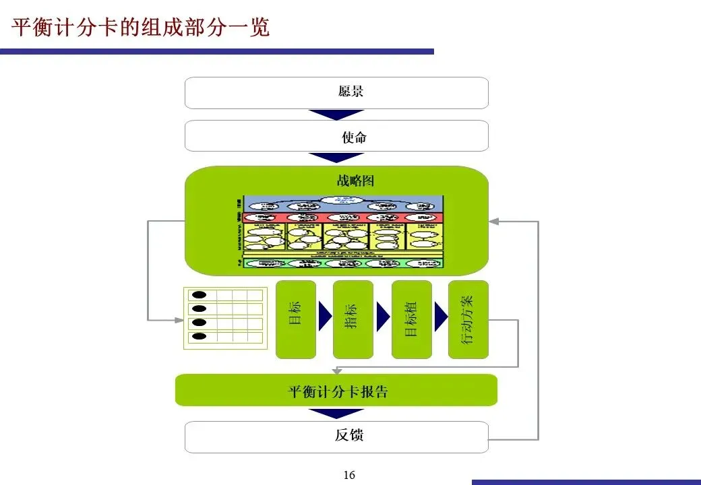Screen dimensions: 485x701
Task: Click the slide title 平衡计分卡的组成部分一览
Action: tap(141, 28)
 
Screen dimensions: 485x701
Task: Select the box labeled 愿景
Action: tap(336, 93)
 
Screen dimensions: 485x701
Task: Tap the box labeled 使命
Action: tap(336, 136)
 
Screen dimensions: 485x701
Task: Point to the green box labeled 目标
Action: tap(296, 319)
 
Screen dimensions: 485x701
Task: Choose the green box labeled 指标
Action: tap(353, 319)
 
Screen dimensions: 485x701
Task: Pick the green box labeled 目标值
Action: tap(412, 319)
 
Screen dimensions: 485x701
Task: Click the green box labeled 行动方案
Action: tap(468, 319)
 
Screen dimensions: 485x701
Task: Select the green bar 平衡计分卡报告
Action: tap(336, 391)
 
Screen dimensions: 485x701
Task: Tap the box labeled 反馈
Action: tap(336, 437)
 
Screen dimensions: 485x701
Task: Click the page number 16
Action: tap(348, 476)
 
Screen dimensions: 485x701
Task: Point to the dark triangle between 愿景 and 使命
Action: tap(336, 115)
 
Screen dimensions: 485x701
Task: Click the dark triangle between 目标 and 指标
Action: tap(325, 315)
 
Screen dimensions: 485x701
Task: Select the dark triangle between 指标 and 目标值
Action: tap(383, 315)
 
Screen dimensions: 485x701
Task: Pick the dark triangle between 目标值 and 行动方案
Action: tap(441, 315)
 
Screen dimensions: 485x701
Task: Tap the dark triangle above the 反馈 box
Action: tap(336, 413)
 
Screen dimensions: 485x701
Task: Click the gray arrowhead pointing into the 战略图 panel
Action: tap(494, 221)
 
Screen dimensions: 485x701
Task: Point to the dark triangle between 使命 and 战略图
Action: tap(336, 158)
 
